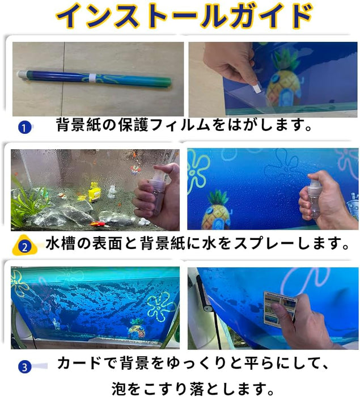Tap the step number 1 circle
point(24,128)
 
